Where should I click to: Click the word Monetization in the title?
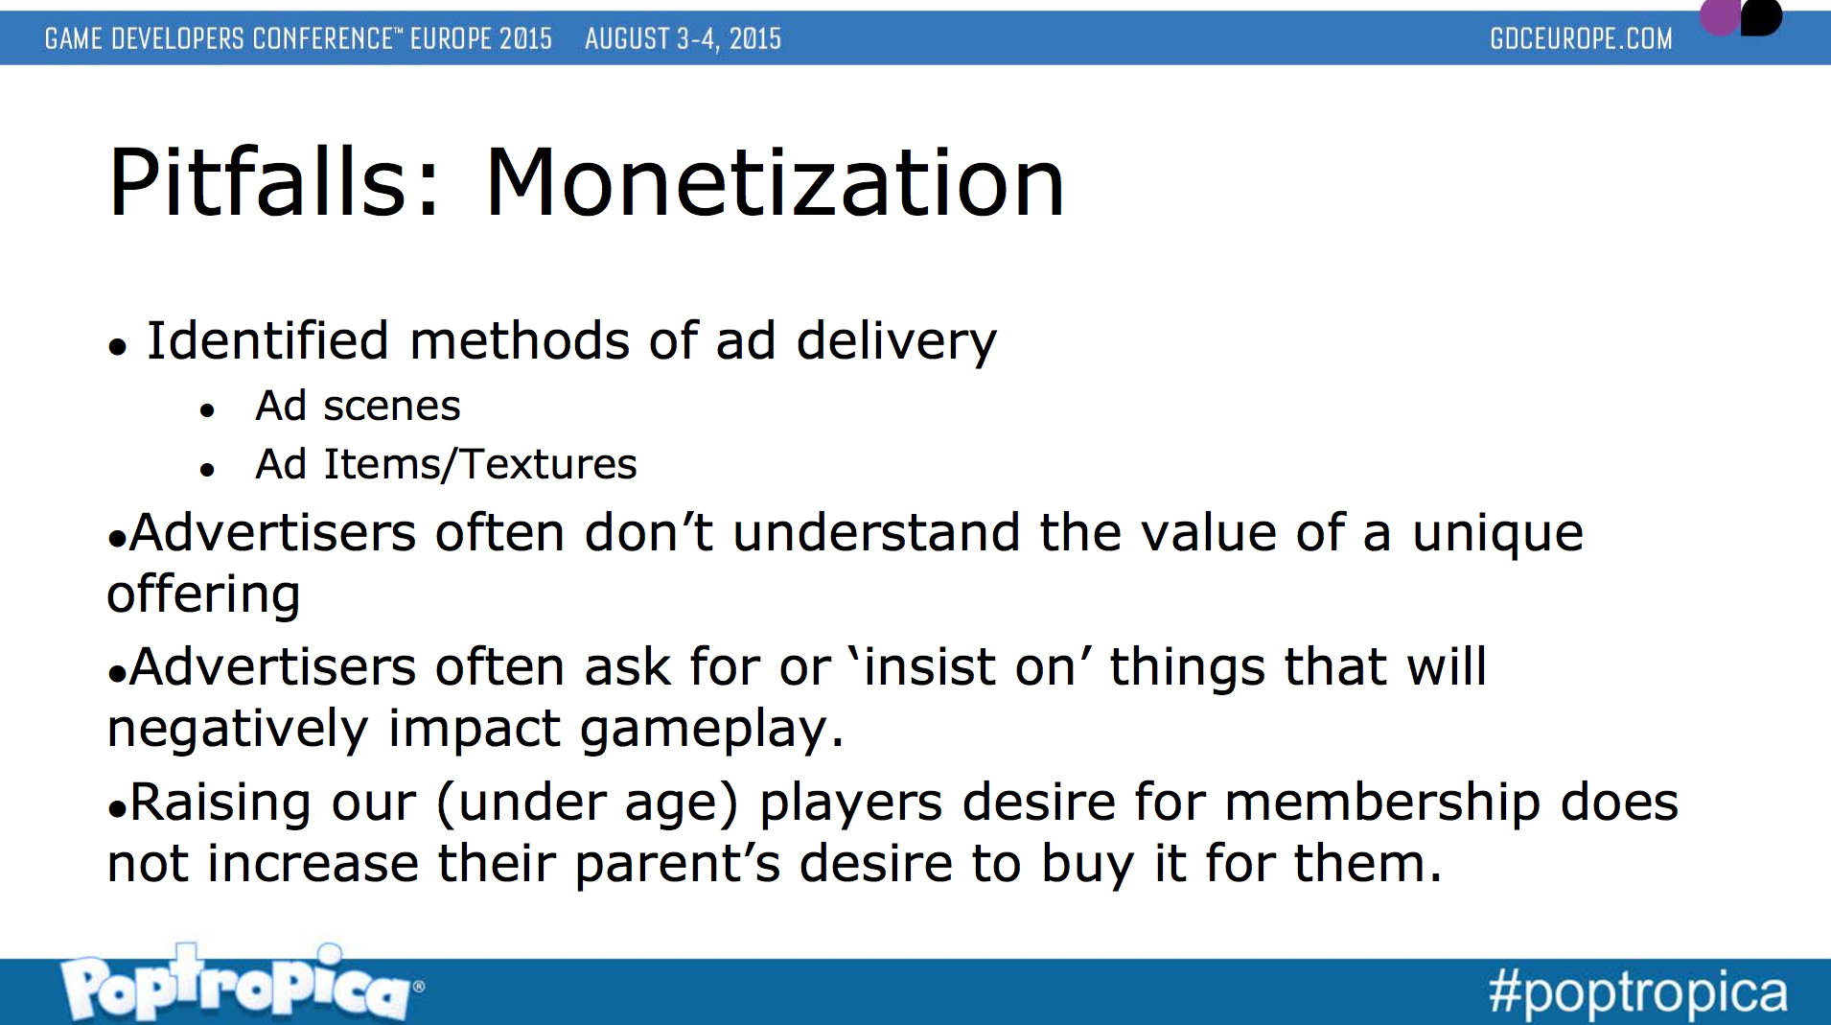(x=775, y=182)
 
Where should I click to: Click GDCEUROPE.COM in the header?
(x=1581, y=38)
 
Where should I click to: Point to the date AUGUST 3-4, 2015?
(x=683, y=38)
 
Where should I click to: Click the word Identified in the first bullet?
(x=267, y=340)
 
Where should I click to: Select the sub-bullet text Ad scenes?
(x=358, y=407)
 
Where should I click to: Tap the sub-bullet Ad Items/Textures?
(x=446, y=464)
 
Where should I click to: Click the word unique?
(x=1497, y=535)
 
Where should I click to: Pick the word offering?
(x=203, y=594)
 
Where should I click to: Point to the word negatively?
(x=238, y=730)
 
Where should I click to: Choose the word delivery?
(x=896, y=341)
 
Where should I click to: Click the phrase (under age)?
(x=588, y=804)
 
